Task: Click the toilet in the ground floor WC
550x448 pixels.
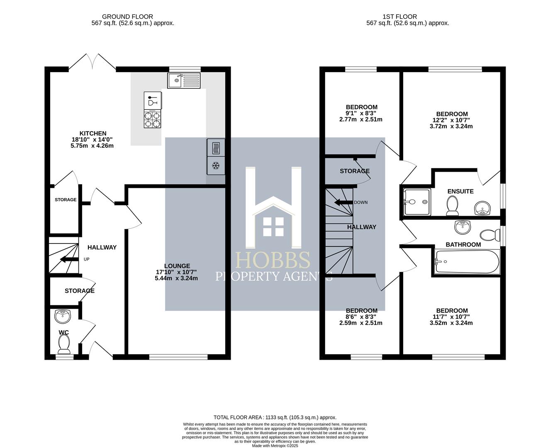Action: point(63,343)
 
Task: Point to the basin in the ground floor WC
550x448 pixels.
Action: point(63,317)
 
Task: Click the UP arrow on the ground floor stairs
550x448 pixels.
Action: point(66,260)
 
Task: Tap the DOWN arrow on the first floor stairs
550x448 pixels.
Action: point(343,202)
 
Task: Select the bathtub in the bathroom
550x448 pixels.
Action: point(467,261)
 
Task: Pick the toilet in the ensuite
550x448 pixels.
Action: point(452,205)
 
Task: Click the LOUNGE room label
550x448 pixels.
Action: point(177,266)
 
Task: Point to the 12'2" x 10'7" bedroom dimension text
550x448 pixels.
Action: point(452,120)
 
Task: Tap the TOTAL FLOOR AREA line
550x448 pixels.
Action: point(275,417)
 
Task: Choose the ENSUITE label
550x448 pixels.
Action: point(460,191)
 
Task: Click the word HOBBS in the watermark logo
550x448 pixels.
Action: point(273,261)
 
